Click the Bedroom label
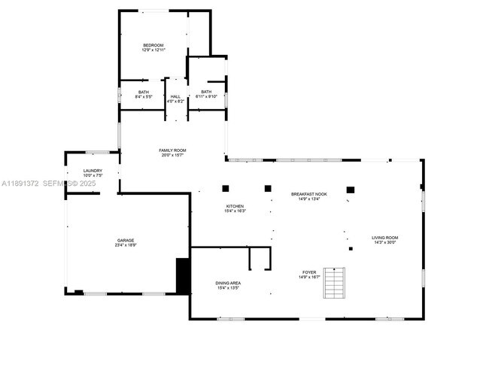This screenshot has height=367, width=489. click(x=153, y=45)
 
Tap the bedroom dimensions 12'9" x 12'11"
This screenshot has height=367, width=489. click(x=153, y=50)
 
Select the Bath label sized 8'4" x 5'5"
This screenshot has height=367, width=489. click(x=143, y=92)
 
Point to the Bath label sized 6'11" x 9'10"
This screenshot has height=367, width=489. click(x=206, y=92)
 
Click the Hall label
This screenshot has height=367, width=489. click(x=175, y=96)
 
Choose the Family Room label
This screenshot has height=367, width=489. click(x=172, y=150)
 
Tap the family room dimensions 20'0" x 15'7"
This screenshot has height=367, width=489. click(x=172, y=155)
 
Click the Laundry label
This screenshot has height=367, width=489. click(x=93, y=171)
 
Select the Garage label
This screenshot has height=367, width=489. click(x=125, y=240)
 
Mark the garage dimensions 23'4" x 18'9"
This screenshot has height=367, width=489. click(x=125, y=245)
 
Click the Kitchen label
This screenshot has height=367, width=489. click(x=235, y=206)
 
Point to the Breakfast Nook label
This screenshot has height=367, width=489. click(x=309, y=194)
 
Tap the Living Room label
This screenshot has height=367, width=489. click(x=384, y=238)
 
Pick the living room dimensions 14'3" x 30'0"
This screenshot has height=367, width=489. click(x=384, y=243)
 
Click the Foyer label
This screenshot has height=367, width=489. click(x=309, y=272)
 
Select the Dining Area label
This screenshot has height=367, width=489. click(x=228, y=283)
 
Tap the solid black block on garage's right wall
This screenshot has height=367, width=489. click(x=182, y=275)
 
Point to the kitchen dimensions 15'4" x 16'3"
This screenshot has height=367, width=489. click(x=235, y=211)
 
